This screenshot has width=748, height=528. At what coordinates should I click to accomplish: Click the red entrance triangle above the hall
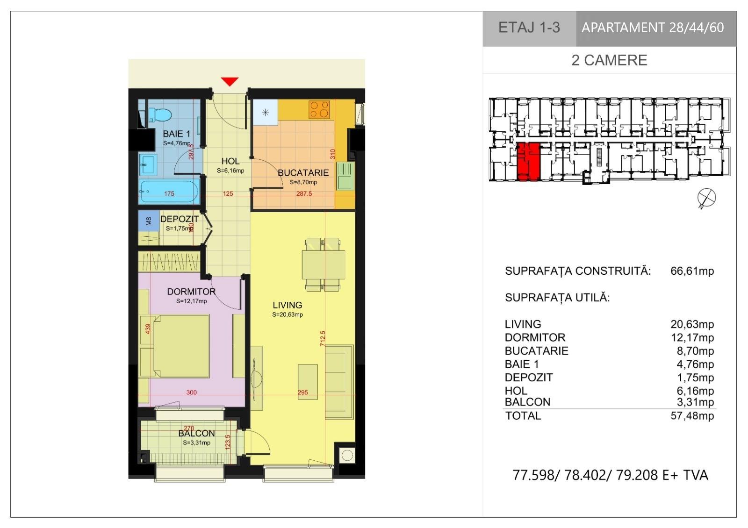tap(230, 81)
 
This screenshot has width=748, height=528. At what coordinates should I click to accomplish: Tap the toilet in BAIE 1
tap(160, 114)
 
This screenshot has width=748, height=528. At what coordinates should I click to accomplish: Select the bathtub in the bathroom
tap(169, 191)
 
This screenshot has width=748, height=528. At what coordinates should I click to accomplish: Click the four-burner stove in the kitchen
tap(319, 109)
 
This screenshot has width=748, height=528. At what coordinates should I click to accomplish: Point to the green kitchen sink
tap(345, 176)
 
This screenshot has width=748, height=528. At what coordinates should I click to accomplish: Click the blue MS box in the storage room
tap(149, 221)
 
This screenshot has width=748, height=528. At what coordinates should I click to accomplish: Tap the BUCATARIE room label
tap(303, 173)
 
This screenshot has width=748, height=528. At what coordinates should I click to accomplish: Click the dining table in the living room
tap(323, 264)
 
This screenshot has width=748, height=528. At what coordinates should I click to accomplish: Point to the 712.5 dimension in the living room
tap(323, 338)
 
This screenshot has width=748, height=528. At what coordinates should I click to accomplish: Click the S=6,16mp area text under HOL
tap(230, 171)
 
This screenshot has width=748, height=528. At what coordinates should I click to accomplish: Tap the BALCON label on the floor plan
tap(196, 433)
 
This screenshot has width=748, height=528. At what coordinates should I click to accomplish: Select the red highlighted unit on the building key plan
tap(528, 162)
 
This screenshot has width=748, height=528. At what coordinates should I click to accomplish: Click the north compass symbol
tap(706, 198)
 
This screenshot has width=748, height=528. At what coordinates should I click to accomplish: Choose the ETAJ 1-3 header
tap(529, 28)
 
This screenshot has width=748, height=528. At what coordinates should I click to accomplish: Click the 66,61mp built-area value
tap(692, 271)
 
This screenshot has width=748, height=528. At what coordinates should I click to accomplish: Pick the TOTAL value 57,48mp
tap(692, 415)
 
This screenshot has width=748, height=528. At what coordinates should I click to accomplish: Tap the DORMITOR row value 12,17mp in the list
tap(692, 337)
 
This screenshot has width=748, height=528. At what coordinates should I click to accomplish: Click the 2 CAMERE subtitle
tap(609, 60)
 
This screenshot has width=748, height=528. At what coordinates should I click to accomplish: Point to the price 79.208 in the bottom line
tap(637, 475)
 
